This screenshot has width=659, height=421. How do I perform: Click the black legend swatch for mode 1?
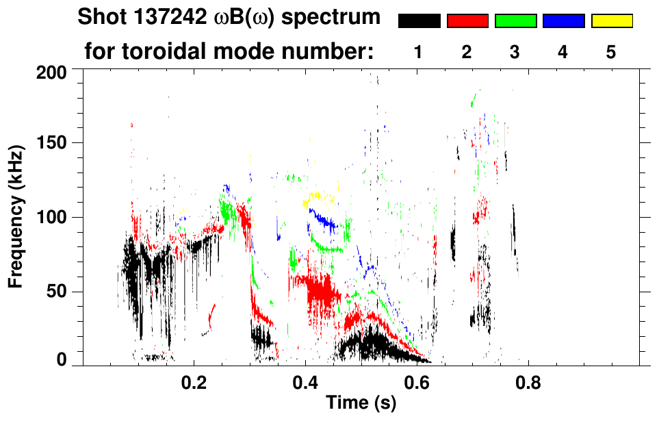pyautogui.click(x=419, y=21)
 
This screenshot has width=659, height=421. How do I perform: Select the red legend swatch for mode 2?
pyautogui.click(x=467, y=21)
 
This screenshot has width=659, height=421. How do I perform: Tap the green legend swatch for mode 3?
pyautogui.click(x=515, y=21)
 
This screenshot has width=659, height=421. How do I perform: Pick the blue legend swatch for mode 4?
pyautogui.click(x=563, y=21)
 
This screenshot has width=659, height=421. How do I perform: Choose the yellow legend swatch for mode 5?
pyautogui.click(x=612, y=21)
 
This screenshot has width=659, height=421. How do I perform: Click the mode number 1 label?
pyautogui.click(x=418, y=53)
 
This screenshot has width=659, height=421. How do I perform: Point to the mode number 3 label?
pyautogui.click(x=515, y=53)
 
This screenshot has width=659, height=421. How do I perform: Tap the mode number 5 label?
pyautogui.click(x=611, y=53)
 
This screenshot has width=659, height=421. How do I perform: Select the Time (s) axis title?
pyautogui.click(x=361, y=403)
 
